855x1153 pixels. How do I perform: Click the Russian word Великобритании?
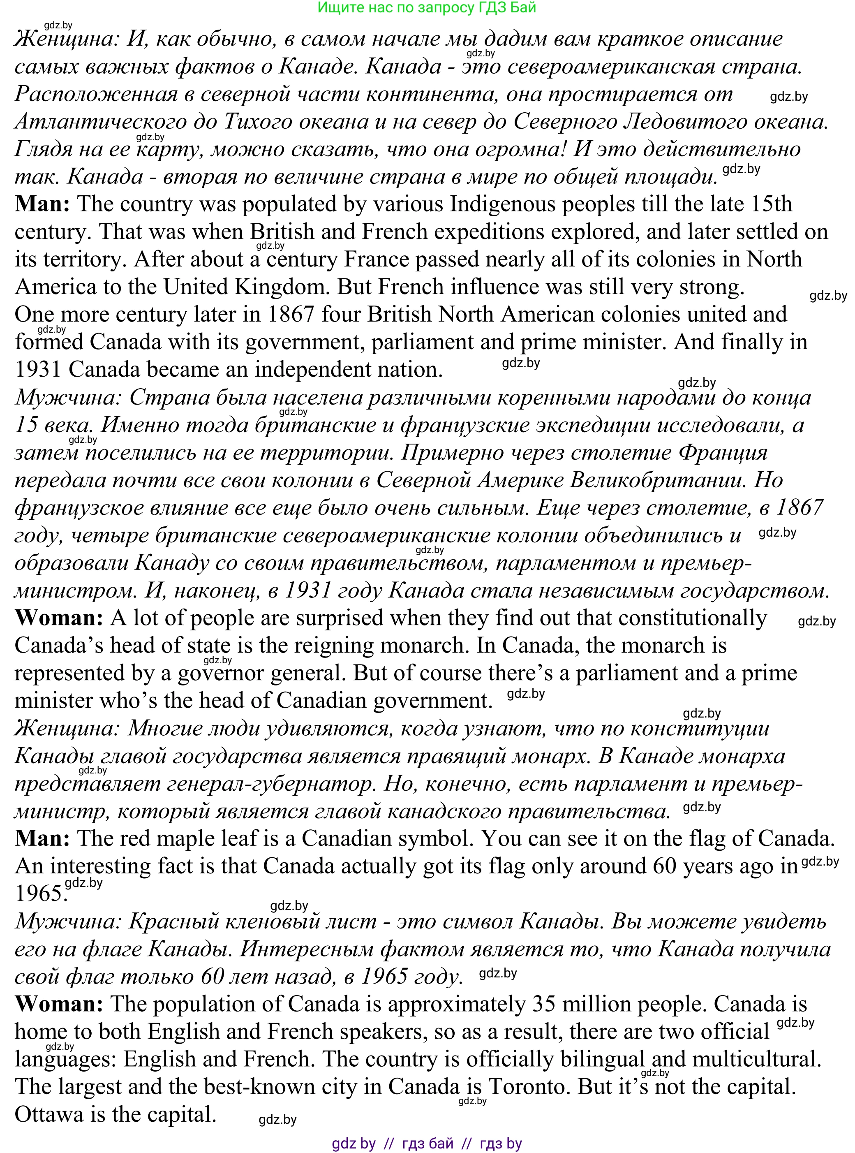pyautogui.click(x=657, y=480)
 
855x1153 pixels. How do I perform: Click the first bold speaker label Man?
pyautogui.click(x=42, y=204)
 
